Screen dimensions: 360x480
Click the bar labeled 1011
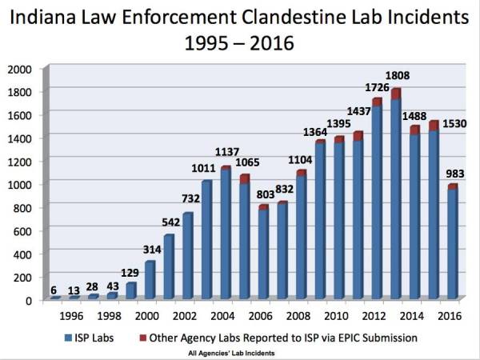coord(206,240)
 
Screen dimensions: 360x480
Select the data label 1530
coord(455,122)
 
